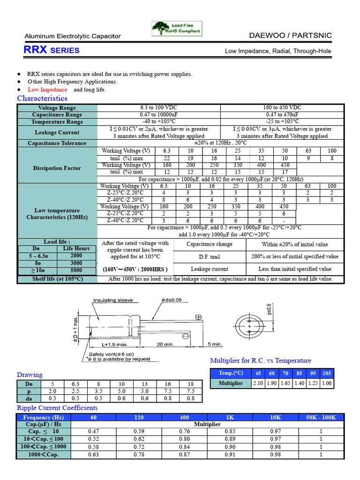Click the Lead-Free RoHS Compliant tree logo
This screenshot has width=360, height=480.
click(x=177, y=29)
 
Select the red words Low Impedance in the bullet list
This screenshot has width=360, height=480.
click(x=47, y=90)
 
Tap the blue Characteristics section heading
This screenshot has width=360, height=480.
click(x=42, y=98)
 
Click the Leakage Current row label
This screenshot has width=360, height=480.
click(x=57, y=133)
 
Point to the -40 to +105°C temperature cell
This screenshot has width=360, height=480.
click(x=158, y=122)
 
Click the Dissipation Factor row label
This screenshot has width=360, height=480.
click(x=57, y=168)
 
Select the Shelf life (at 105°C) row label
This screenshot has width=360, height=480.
click(x=57, y=279)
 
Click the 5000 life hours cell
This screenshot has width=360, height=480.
click(x=76, y=270)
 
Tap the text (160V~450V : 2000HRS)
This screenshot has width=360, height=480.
click(x=135, y=270)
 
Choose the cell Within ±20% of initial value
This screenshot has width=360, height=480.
click(x=295, y=244)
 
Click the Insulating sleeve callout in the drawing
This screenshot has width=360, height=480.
click(x=113, y=300)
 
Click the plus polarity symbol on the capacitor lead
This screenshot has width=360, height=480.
click(x=198, y=318)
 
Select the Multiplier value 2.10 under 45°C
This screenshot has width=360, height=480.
click(x=258, y=383)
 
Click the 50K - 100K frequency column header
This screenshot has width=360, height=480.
click(x=321, y=417)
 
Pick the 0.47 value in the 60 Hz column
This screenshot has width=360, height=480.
click(x=93, y=431)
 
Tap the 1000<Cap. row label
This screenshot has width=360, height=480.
click(x=43, y=455)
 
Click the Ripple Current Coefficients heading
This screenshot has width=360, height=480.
click(x=57, y=408)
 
